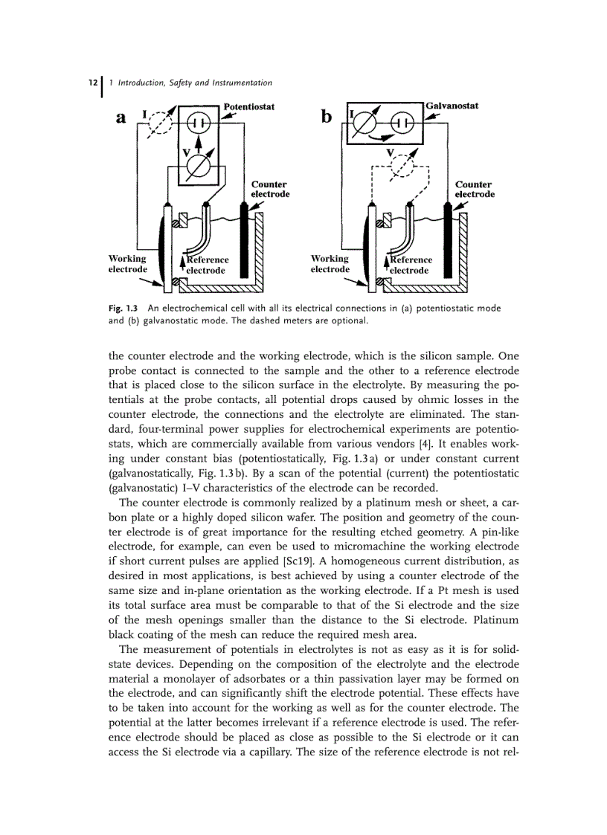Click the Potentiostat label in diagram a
[249, 107]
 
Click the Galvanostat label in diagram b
[452, 106]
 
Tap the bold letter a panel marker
[121, 119]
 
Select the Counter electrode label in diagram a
[269, 189]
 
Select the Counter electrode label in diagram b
[474, 189]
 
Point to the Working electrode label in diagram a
[128, 264]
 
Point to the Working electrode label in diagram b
[330, 264]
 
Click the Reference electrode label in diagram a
[207, 265]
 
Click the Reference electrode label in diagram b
[410, 265]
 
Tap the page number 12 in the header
[91, 83]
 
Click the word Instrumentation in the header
[236, 83]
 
